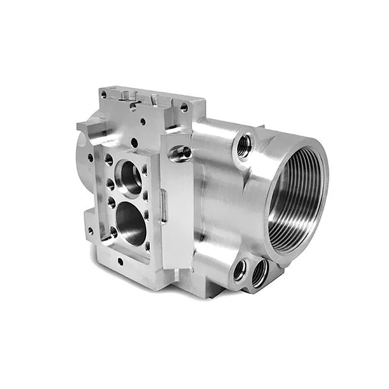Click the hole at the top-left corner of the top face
click(103, 93)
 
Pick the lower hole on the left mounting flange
click(89, 230)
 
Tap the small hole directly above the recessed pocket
click(133, 143)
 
